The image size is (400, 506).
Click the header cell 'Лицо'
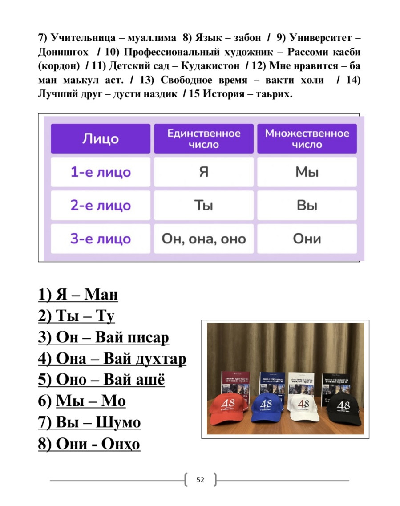101,138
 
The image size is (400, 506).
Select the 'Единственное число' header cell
204,138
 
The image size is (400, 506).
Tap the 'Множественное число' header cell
307,138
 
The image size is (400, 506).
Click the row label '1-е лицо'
101,172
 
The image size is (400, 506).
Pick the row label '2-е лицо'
101,205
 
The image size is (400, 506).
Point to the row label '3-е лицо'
101,239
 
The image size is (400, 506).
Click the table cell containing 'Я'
204,172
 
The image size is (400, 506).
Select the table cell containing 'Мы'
307,172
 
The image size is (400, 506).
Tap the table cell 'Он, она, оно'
204,239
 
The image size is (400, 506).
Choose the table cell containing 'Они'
307,239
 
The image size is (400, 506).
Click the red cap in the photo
229,408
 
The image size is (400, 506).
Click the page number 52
200,480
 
